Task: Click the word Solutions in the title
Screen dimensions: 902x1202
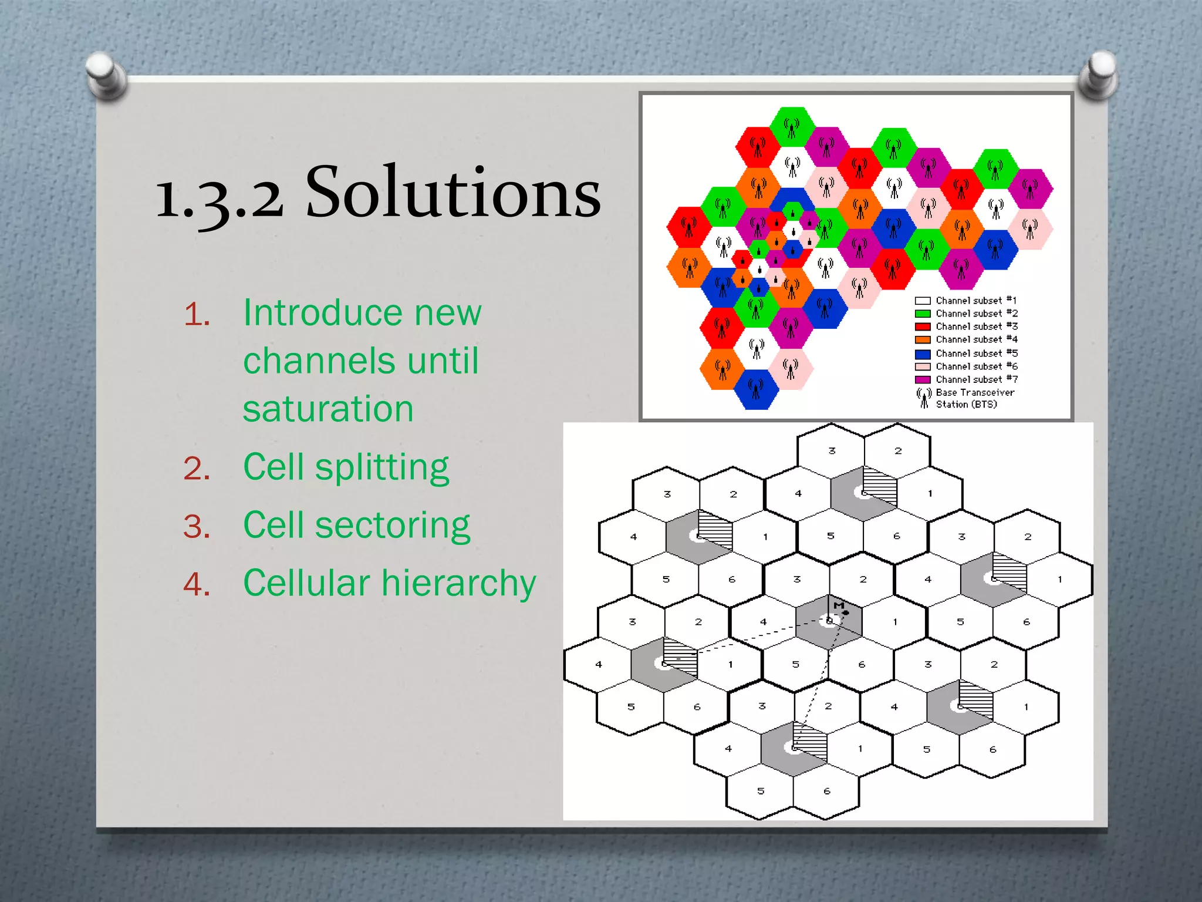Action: pos(453,192)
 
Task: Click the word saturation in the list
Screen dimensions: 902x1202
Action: pos(328,409)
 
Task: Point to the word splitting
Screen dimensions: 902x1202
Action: pos(382,468)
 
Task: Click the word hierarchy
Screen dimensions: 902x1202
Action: pos(459,583)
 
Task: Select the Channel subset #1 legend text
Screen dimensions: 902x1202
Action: pos(976,301)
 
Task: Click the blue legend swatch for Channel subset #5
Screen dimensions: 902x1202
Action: pos(923,354)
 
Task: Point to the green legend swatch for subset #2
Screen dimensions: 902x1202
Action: pos(923,314)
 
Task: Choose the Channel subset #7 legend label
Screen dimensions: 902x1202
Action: pos(976,380)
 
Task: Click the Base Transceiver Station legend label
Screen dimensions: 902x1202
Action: pos(974,398)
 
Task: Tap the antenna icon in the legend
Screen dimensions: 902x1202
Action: pos(924,398)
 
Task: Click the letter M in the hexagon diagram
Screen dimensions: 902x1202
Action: pos(839,605)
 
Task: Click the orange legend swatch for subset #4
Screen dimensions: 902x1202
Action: pos(923,340)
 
